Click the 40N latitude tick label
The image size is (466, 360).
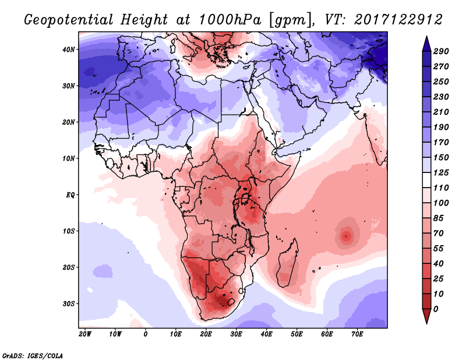69,50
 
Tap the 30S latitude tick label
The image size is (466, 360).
69,303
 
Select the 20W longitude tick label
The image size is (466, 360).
84,334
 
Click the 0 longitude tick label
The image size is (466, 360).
145,334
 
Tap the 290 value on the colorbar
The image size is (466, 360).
441,52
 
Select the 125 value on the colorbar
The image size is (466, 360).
441,173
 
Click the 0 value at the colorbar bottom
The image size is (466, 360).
436,308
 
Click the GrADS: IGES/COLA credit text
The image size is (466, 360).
33,355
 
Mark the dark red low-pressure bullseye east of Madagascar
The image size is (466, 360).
347,236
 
